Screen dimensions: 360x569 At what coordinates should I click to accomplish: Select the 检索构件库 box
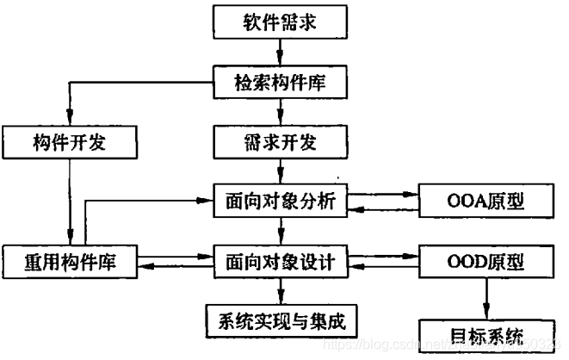pyautogui.click(x=281, y=84)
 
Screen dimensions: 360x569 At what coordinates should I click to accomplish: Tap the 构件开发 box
pyautogui.click(x=71, y=141)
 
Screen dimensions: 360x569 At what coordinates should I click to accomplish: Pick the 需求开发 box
pyautogui.click(x=281, y=141)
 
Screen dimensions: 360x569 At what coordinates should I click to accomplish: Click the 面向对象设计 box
pyautogui.click(x=281, y=259)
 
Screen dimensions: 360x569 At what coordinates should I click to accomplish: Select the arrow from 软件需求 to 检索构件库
pyautogui.click(x=281, y=53)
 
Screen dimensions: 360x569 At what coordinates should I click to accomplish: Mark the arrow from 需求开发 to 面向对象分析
pyautogui.click(x=281, y=171)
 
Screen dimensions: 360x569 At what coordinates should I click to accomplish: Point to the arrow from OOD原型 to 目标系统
pyautogui.click(x=486, y=297)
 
